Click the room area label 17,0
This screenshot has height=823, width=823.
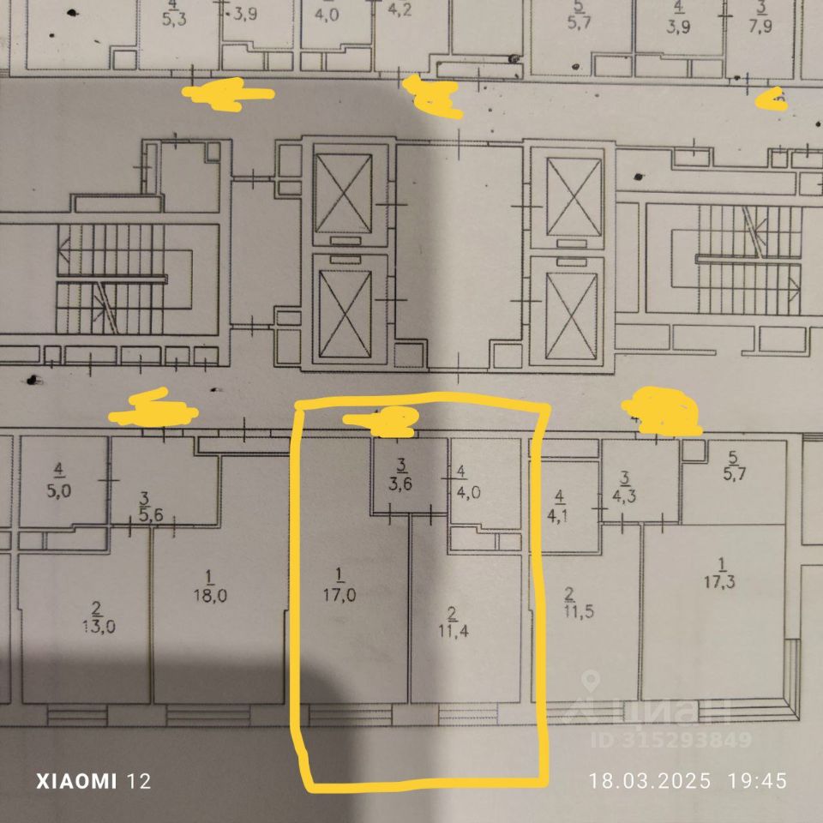344,594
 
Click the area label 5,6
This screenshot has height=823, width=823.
145,517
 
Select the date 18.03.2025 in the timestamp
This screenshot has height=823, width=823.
649,781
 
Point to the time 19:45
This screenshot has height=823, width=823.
757,781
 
